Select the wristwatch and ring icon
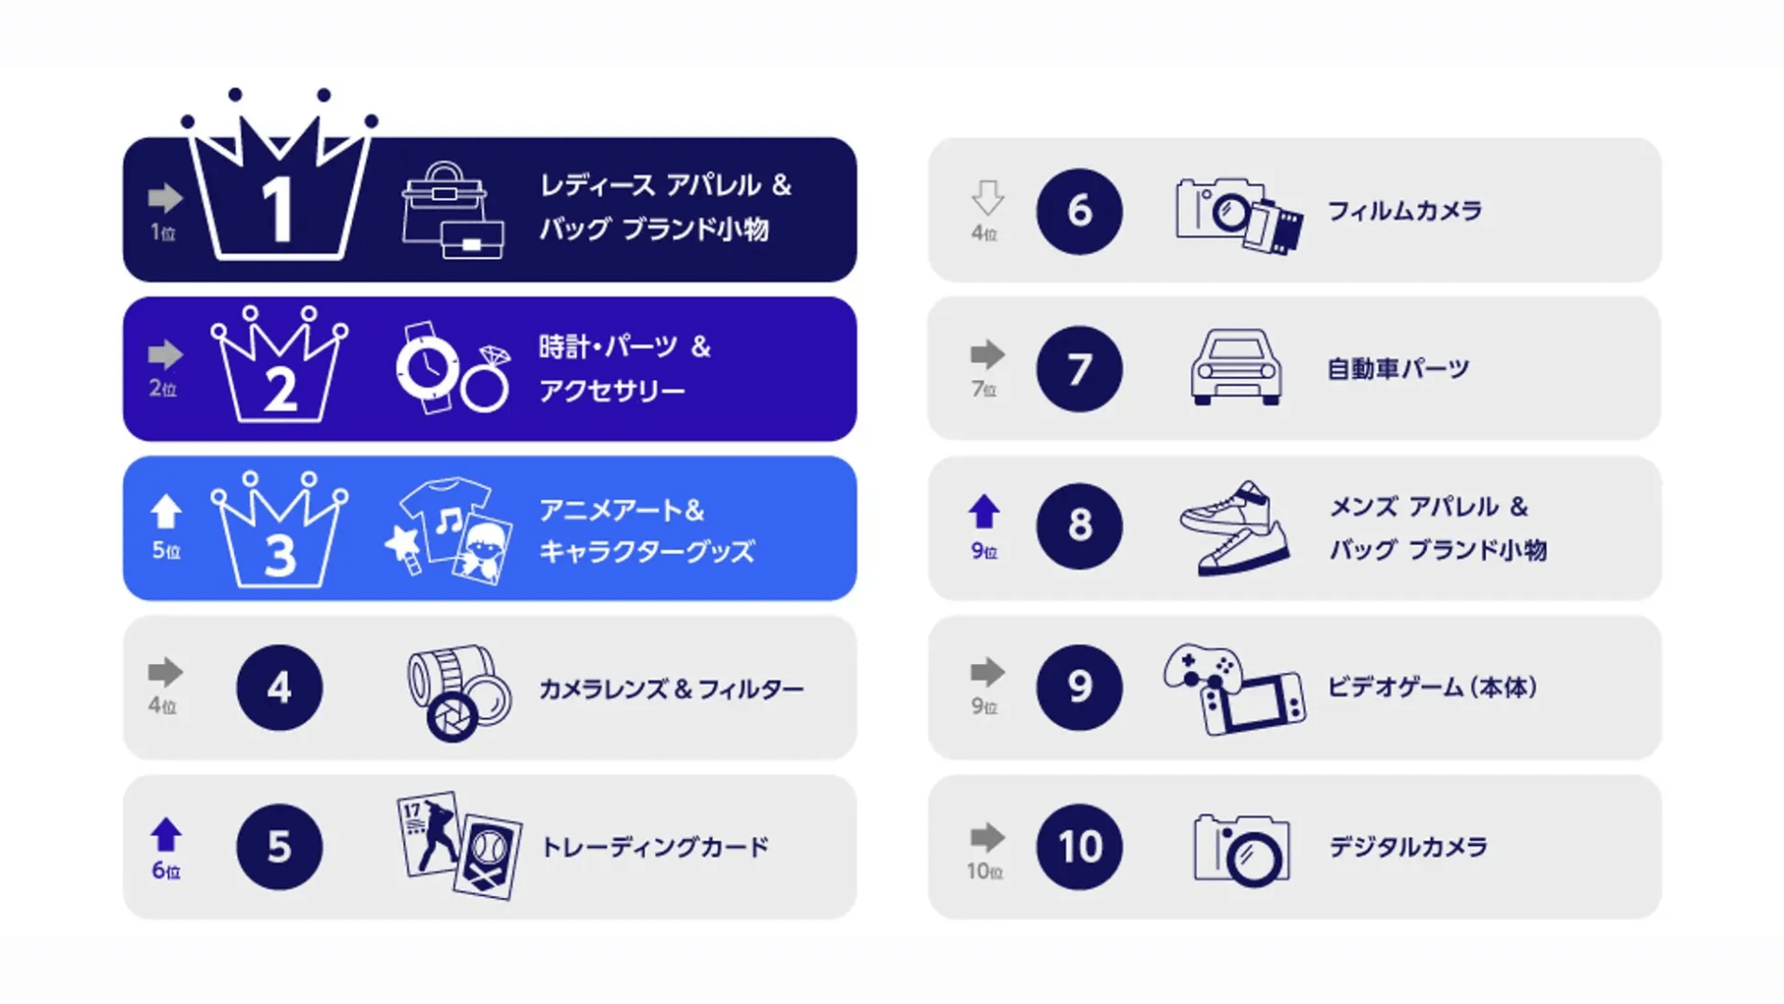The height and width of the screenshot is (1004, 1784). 453,368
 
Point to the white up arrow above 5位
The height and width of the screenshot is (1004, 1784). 165,511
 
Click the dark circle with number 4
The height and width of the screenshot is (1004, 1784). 280,688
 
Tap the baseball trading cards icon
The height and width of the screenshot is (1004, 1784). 459,846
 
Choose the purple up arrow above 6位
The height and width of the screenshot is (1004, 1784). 166,835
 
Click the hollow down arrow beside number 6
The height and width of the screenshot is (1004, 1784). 987,198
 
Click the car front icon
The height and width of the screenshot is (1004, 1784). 1236,368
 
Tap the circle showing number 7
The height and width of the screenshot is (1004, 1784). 1080,369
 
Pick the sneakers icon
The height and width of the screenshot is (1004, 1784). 1235,528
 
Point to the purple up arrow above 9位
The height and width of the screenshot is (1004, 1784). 984,511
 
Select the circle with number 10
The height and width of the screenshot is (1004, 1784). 1080,847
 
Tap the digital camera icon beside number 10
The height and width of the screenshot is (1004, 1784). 1242,848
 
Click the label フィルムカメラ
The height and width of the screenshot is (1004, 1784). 1404,211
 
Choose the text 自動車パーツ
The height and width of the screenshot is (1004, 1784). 1398,369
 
